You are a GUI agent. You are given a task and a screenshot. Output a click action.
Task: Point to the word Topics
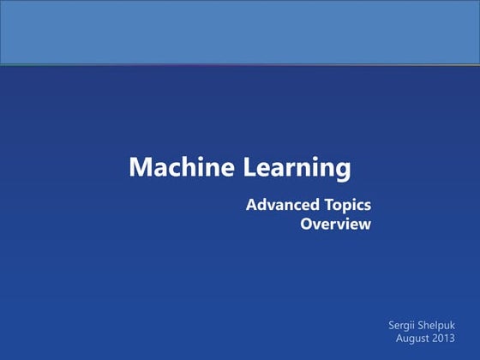coord(345,206)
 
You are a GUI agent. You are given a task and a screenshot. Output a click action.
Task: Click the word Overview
coord(336,225)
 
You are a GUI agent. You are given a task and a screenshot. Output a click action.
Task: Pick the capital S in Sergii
coord(393,326)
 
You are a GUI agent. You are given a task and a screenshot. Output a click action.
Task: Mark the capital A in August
coord(399,339)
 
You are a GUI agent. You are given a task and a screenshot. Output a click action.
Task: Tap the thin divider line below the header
coord(240,64)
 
